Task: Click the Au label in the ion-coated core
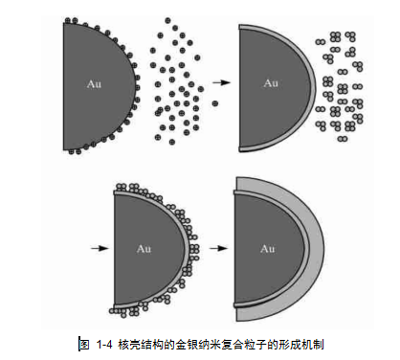94,84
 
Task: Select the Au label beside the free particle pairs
271,83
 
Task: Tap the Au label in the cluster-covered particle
144,249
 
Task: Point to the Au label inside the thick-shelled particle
268,249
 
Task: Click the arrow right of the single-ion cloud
221,82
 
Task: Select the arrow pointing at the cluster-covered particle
100,248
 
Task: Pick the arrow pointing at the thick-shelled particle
218,248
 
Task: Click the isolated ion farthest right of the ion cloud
215,103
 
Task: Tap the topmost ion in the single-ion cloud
167,21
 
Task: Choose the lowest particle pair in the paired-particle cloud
343,139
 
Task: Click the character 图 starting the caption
84,345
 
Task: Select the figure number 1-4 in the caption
104,345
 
